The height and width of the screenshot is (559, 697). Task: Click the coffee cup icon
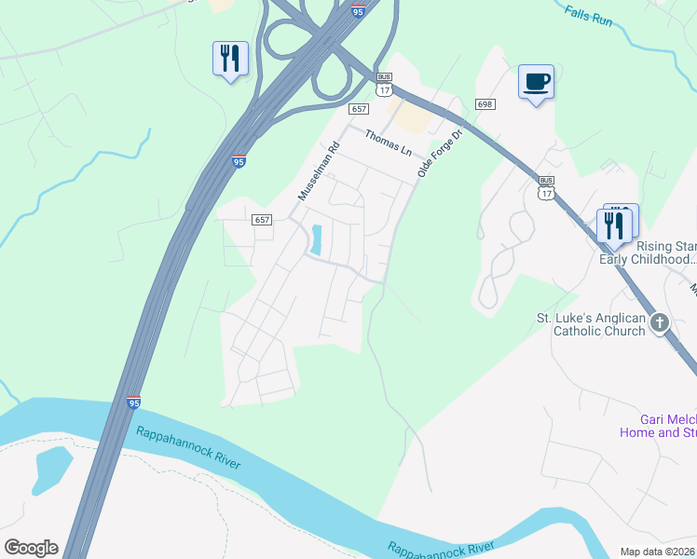coord(536,82)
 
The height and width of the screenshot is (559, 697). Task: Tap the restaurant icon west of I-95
coord(229,59)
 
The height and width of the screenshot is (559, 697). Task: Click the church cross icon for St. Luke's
coord(660,322)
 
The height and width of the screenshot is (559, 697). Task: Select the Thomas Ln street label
coord(388,143)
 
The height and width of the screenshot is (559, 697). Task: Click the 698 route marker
coord(484,104)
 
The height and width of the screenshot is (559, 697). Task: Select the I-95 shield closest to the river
coord(133,402)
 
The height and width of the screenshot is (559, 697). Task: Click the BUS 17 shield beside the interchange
coord(384,85)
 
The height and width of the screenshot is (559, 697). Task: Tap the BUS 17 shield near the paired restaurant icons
coord(546,187)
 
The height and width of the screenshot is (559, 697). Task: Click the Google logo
coord(31,547)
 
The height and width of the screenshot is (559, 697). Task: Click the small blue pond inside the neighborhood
coord(316,240)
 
